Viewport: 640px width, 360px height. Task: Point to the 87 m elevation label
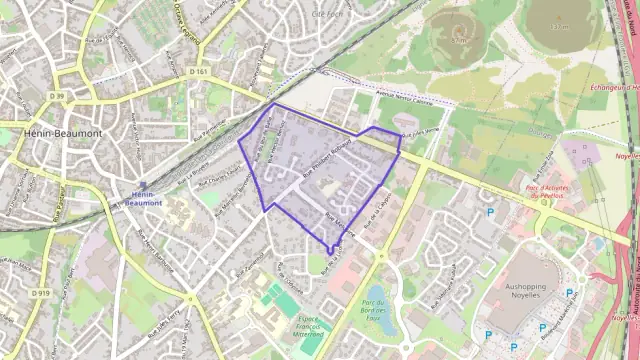(x=459, y=41)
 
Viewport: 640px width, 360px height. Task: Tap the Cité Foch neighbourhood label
(x=327, y=14)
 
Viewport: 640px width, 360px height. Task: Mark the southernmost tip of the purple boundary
(x=330, y=253)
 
